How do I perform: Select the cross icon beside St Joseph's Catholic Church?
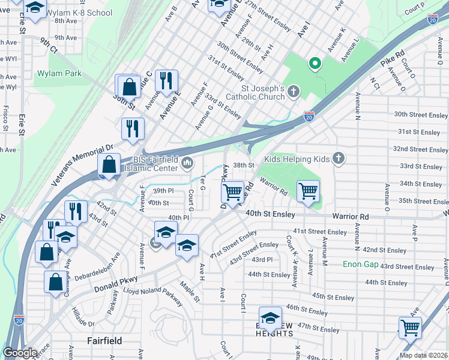pyautogui.click(x=293, y=91)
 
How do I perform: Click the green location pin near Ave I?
pyautogui.click(x=314, y=63)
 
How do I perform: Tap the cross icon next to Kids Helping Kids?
pyautogui.click(x=339, y=158)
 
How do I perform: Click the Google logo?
pyautogui.click(x=20, y=352)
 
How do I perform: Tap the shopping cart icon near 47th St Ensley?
pyautogui.click(x=410, y=328)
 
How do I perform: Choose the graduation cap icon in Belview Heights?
pyautogui.click(x=270, y=317)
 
